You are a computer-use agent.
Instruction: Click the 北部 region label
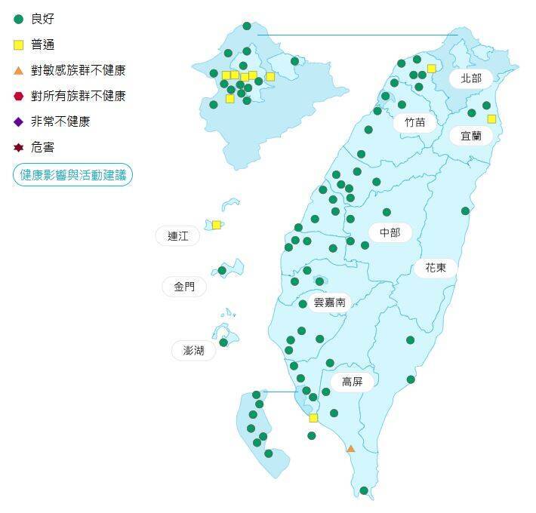[470, 78]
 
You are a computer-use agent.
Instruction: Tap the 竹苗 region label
[414, 122]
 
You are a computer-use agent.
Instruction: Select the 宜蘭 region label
[471, 136]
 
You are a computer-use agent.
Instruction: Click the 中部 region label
[390, 232]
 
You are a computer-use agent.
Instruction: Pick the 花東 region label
[435, 267]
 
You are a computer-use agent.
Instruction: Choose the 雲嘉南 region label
[329, 302]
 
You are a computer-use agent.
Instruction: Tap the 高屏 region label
[352, 382]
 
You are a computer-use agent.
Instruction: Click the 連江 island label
[178, 236]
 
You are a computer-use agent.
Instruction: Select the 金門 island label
[184, 287]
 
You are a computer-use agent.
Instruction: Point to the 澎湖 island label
[188, 350]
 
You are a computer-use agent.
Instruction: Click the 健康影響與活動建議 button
[72, 175]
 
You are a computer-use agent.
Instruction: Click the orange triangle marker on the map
[350, 449]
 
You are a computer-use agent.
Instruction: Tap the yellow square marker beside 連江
[217, 225]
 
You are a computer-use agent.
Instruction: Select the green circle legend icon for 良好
[19, 19]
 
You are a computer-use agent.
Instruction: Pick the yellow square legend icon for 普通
[19, 45]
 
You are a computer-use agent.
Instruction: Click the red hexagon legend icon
[19, 96]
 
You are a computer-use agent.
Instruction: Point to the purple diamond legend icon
[19, 121]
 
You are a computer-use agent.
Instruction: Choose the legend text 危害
[43, 147]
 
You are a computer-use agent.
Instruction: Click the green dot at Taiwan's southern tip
[364, 491]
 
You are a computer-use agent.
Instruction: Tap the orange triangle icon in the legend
[19, 70]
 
